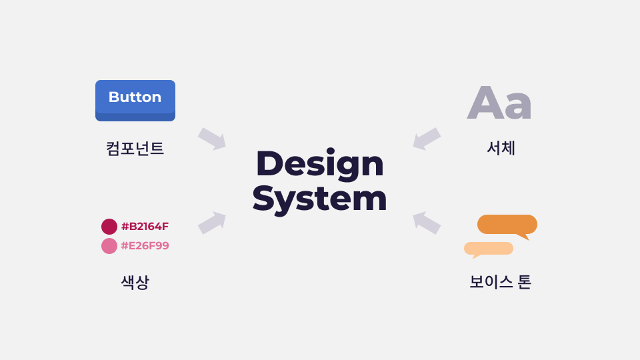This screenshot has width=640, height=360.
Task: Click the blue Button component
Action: [135, 101]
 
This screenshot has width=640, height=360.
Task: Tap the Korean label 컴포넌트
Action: [135, 148]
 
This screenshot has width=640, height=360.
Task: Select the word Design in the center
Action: [320, 164]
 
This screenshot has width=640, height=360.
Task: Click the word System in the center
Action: [319, 199]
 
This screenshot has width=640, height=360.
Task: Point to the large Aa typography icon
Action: [499, 103]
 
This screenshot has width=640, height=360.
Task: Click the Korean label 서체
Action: [501, 148]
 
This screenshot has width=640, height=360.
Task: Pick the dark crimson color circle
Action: [109, 227]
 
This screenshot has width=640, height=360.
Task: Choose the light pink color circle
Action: [109, 246]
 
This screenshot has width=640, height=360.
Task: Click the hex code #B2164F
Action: [145, 227]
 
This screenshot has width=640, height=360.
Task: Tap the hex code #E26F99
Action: [145, 246]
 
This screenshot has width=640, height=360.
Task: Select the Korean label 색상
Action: [135, 282]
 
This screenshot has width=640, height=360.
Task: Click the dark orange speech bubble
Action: [507, 225]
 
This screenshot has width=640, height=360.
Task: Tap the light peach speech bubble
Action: [489, 249]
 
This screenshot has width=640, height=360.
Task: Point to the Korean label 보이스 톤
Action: [501, 282]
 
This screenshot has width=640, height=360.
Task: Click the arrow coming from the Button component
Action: [212, 139]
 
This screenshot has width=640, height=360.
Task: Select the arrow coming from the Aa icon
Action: [427, 139]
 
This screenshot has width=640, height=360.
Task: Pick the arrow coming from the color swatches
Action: [212, 223]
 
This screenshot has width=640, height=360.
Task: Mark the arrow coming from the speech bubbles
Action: [427, 223]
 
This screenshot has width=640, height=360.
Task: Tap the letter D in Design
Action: [270, 163]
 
